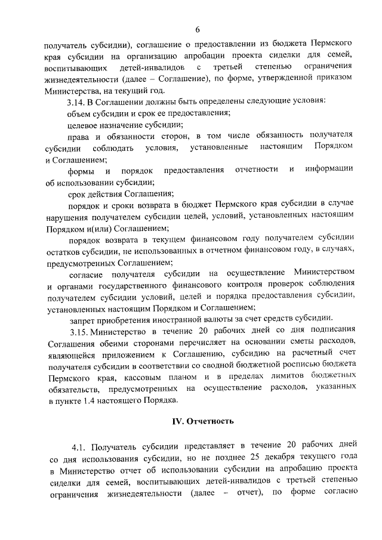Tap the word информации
pos(331,170)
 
